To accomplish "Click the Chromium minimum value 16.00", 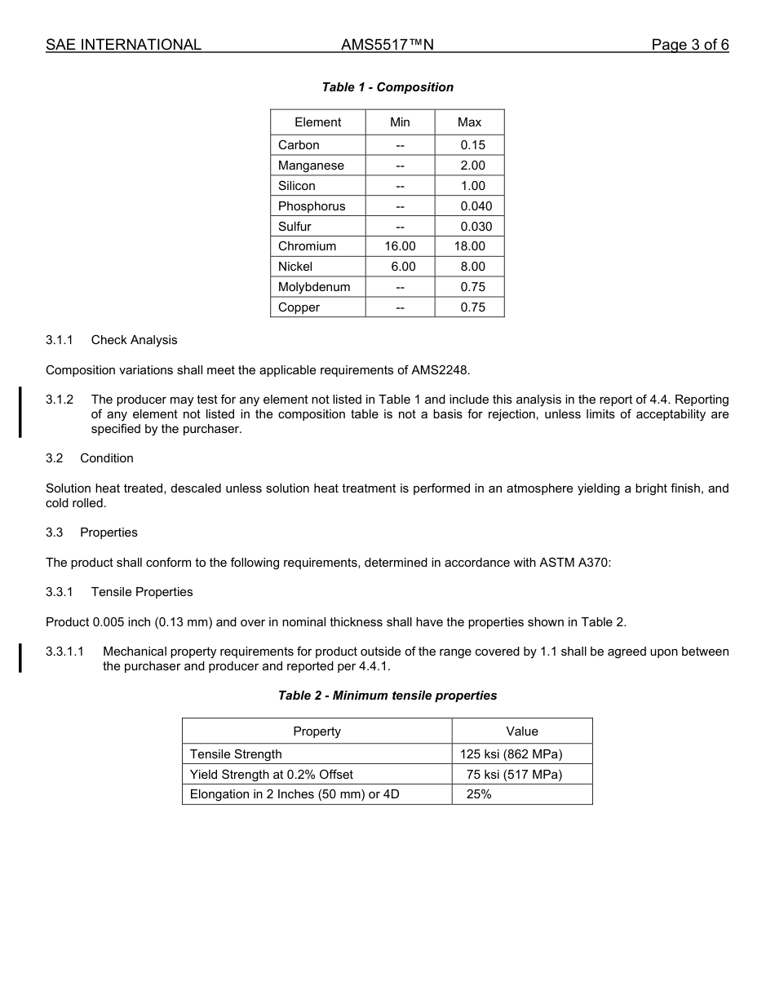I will tap(400, 246).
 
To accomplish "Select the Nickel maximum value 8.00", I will tap(472, 267).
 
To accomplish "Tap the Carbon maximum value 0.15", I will tap(472, 145).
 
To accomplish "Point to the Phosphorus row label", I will tap(312, 206).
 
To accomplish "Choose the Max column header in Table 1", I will tap(469, 122).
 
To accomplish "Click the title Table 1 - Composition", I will tap(387, 87).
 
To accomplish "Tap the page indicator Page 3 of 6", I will tap(689, 45).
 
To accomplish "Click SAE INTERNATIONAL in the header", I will tap(123, 45).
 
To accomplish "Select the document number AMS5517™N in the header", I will tap(387, 45).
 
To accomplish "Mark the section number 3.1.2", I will tap(60, 400).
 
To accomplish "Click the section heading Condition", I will tap(107, 458).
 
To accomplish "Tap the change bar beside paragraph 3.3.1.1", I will tap(20, 658).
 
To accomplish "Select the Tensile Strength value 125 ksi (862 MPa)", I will tap(511, 754).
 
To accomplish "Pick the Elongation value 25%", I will tap(479, 794).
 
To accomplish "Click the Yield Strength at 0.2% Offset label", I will tap(272, 775).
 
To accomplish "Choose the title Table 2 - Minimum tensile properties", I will tap(387, 696).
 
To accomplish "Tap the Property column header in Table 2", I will tap(317, 731).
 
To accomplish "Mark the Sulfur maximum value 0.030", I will tap(476, 227).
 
